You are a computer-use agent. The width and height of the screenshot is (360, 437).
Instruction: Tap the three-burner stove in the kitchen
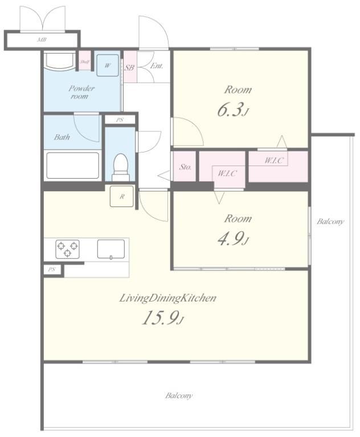coord(67,249)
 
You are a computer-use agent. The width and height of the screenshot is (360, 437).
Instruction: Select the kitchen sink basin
coord(111,249)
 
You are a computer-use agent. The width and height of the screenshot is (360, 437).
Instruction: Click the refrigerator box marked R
coord(122,196)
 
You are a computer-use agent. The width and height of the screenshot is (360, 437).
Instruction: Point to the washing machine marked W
coord(108,65)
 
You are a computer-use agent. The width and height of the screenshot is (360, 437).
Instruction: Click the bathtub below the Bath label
coord(73,165)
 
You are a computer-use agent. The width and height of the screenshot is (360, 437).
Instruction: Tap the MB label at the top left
coord(42,40)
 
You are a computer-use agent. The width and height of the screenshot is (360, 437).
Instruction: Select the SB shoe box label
coord(129,67)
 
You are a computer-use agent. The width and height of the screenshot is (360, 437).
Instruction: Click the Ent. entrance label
coord(156,66)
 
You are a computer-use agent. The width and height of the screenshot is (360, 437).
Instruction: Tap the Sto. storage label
coord(185,167)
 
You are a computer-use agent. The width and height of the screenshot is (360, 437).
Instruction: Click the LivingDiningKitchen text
coord(167,298)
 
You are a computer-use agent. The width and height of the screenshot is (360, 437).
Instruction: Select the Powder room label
coord(81,92)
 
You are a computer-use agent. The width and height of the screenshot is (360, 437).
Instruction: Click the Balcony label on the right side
coord(330,221)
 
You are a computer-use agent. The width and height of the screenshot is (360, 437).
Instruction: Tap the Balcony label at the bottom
coord(179,395)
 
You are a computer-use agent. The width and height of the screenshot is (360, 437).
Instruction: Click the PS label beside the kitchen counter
coord(52,270)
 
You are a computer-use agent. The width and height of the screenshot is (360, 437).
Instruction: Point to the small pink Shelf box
coord(84,61)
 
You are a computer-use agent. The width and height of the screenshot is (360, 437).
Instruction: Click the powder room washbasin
coord(59,61)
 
